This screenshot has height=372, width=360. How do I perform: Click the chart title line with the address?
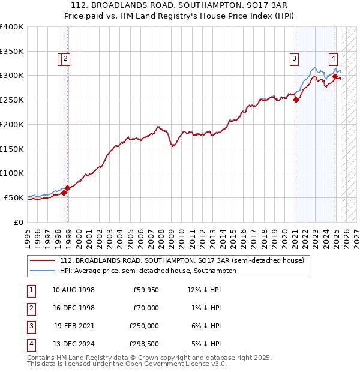pyautogui.click(x=180, y=6)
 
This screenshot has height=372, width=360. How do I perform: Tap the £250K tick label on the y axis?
pyautogui.click(x=11, y=100)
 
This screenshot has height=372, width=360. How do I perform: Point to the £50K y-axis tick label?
pyautogui.click(x=14, y=197)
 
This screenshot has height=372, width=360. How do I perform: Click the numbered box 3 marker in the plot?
pyautogui.click(x=295, y=59)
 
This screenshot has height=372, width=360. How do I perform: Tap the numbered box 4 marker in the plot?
pyautogui.click(x=332, y=59)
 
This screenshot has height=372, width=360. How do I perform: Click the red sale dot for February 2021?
pyautogui.click(x=296, y=100)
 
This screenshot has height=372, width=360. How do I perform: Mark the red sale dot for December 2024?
pyautogui.click(x=335, y=76)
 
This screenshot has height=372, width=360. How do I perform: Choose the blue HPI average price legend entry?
pyautogui.click(x=148, y=271)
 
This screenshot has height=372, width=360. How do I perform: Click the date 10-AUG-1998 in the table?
pyautogui.click(x=73, y=290)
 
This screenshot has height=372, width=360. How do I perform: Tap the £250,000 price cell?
pyautogui.click(x=145, y=326)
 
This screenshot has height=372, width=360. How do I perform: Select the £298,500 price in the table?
pyautogui.click(x=145, y=344)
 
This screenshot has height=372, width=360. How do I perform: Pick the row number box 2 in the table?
pyautogui.click(x=31, y=308)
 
